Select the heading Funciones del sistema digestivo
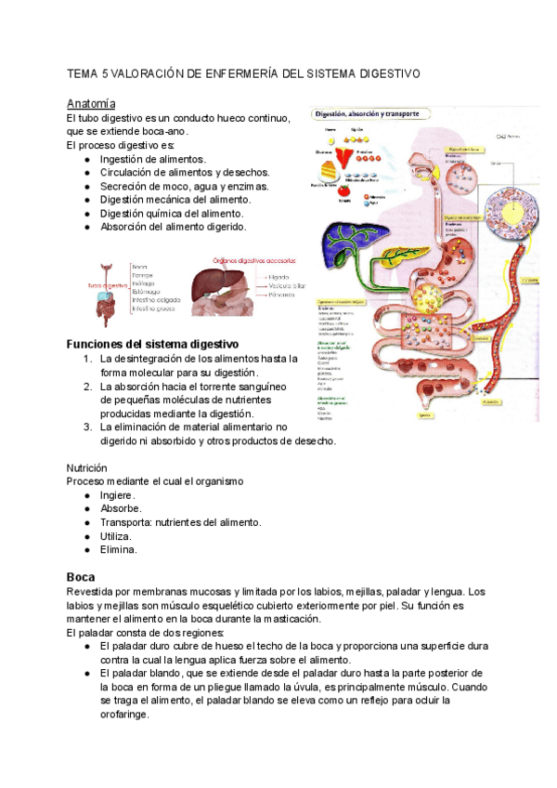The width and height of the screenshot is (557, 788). [x=152, y=344]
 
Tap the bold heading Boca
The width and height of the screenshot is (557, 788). [x=81, y=577]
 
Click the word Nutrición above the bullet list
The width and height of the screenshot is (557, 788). [x=87, y=467]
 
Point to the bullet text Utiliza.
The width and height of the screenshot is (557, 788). [x=115, y=536]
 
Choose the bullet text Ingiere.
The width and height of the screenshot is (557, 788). [x=117, y=495]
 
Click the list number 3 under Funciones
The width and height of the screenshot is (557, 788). [x=86, y=427]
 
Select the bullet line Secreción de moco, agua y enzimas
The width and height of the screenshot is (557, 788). [x=184, y=186]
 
